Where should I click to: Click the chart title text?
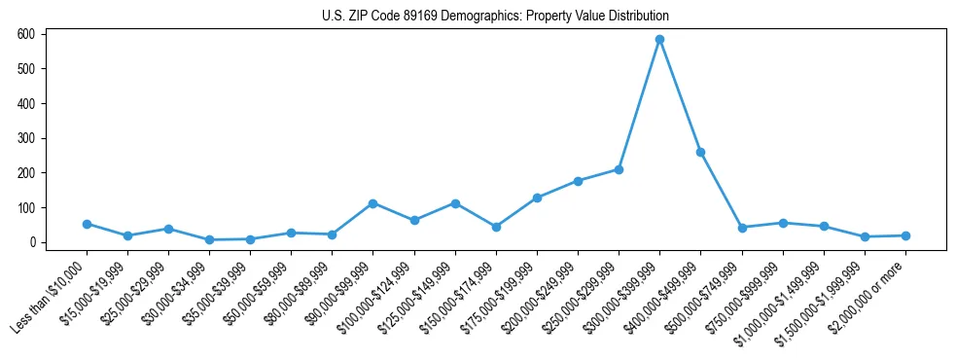point(495,17)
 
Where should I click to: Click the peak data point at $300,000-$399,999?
point(659,40)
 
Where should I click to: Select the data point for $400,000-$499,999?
point(700,153)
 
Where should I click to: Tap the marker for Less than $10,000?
point(87,224)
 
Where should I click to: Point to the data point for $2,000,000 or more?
point(905,235)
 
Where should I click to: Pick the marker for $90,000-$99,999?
point(372,203)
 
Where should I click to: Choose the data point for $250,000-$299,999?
point(619,169)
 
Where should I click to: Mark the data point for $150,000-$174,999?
point(496,227)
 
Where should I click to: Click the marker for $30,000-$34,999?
point(209,239)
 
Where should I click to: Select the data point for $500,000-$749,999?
point(742,228)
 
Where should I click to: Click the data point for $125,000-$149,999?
point(455,203)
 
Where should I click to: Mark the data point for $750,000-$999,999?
point(783,223)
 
